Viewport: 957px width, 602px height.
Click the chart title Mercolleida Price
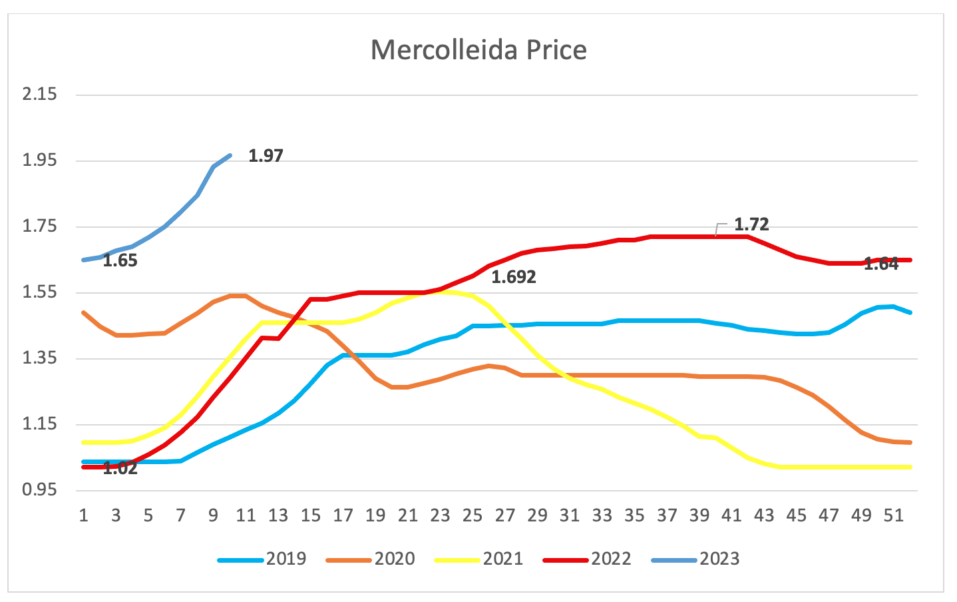[479, 51]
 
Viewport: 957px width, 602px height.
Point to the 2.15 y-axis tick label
[40, 95]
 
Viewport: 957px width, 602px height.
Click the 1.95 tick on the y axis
[40, 160]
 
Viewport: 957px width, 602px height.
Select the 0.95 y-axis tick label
[40, 491]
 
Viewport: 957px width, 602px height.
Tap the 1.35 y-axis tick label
[40, 359]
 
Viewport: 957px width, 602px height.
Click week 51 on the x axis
[894, 515]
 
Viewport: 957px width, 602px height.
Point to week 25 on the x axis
[473, 515]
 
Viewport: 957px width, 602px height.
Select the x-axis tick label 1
[84, 515]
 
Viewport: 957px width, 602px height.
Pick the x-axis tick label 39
[699, 515]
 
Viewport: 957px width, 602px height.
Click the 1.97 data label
[266, 156]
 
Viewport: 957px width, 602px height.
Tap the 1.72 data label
[751, 224]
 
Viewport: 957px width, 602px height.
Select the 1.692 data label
[513, 277]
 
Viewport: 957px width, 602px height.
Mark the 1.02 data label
[120, 468]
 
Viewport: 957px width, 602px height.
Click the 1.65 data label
[120, 261]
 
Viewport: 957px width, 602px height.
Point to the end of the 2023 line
[230, 155]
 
